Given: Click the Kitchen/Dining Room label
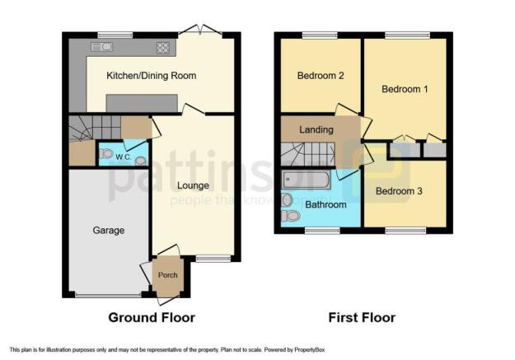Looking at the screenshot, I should coord(151,76).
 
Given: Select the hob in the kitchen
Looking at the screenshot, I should coord(162,48).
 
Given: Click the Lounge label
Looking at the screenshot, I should coord(193,185).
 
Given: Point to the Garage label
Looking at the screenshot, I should coord(108,231).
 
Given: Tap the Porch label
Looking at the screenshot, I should coord(167,275).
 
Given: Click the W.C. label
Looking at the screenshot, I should coord(124,157).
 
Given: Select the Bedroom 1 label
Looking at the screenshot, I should coord(405,88).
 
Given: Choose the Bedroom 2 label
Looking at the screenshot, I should coord(320,76).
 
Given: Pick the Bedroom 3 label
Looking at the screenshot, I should coord(400,191).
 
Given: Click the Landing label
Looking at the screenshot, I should coord(316,130).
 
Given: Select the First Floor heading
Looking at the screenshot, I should coord(362,317).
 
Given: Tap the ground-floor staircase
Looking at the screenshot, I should coord(92,129).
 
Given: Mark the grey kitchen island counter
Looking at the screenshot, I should coord(140,103).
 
